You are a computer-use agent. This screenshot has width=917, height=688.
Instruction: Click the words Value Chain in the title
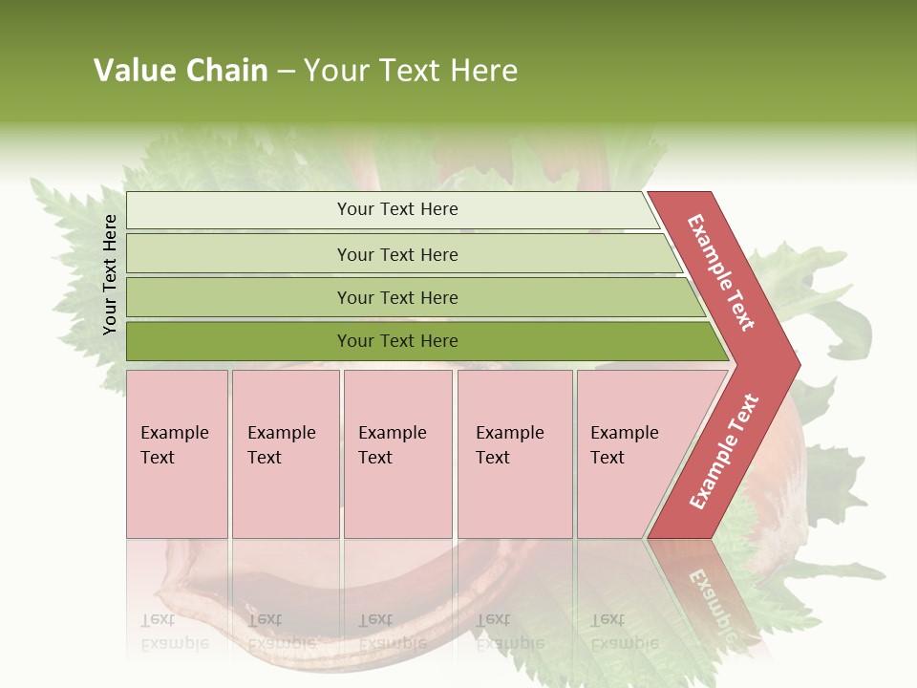tap(181, 71)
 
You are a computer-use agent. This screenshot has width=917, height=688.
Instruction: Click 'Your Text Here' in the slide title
tap(411, 71)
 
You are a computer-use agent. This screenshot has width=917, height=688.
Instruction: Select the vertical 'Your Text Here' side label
tap(110, 274)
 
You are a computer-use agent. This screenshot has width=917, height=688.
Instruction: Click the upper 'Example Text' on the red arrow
tap(721, 272)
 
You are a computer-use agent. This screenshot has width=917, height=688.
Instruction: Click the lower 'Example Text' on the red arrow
tap(724, 451)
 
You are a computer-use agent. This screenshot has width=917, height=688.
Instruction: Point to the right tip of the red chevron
tap(798, 364)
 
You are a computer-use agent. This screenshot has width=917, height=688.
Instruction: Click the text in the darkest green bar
tap(397, 341)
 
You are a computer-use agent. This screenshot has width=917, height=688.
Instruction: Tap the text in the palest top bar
tap(397, 209)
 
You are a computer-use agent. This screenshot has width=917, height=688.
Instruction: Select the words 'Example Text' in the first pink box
tap(174, 445)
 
